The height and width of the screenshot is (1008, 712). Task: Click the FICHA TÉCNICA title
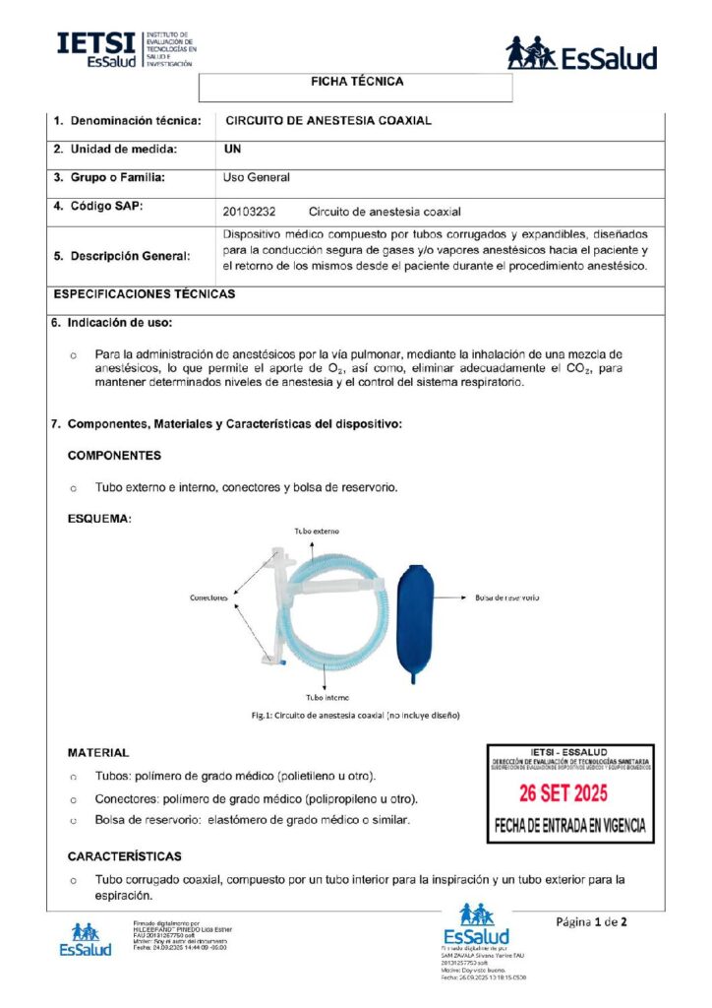(356, 82)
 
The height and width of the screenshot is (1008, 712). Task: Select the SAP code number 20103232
(250, 212)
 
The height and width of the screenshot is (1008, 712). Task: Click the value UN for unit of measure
(233, 150)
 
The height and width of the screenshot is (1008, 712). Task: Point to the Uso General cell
(257, 178)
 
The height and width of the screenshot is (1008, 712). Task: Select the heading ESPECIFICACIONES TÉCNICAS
(144, 294)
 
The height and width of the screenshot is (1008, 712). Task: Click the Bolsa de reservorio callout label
(506, 598)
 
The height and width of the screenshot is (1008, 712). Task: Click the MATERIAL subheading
(97, 753)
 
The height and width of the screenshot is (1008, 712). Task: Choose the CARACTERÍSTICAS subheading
(124, 856)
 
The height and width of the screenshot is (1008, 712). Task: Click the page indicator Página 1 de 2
(591, 922)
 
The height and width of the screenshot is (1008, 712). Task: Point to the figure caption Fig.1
(356, 716)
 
